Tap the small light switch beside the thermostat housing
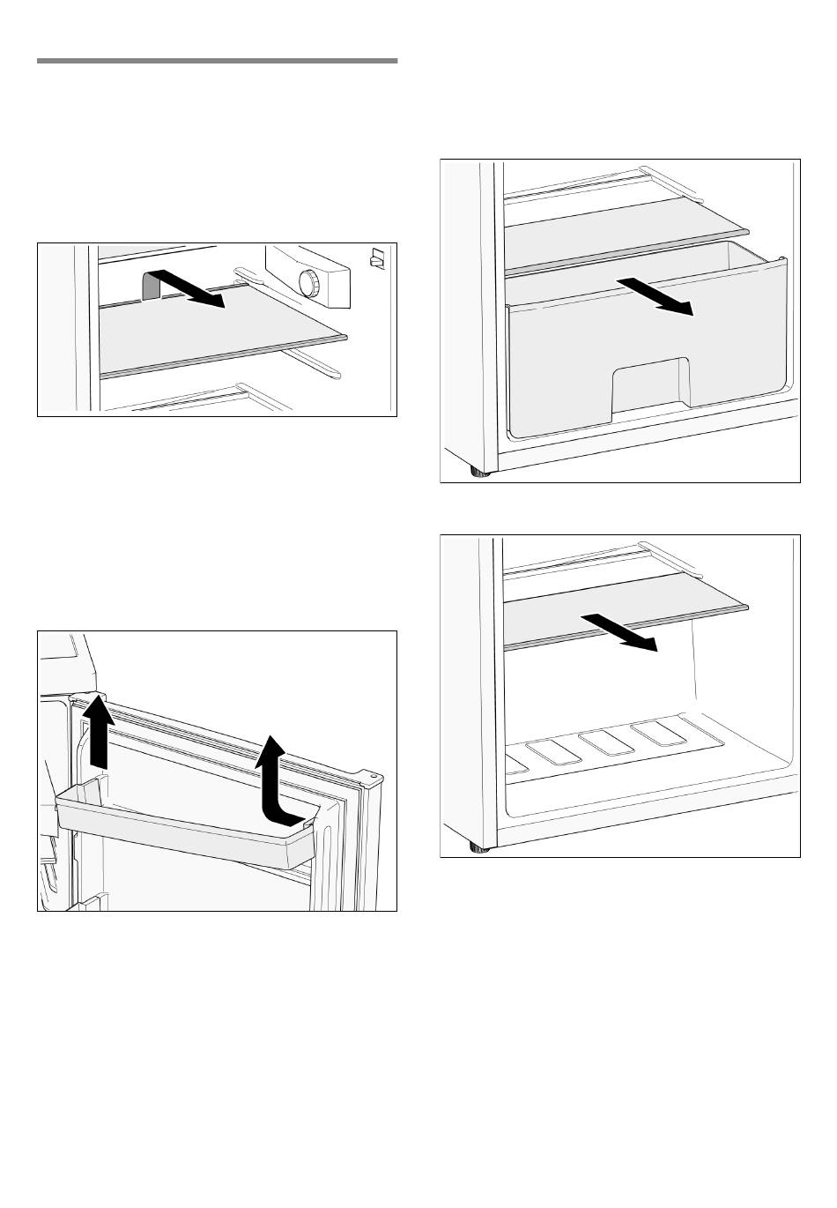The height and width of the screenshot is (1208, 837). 377,259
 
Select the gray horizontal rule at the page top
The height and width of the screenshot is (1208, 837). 217,61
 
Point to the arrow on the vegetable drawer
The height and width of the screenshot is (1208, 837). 656,295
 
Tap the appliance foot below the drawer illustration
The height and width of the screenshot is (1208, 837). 479,474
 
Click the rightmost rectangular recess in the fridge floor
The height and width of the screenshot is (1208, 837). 657,733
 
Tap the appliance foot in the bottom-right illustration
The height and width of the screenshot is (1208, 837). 479,848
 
